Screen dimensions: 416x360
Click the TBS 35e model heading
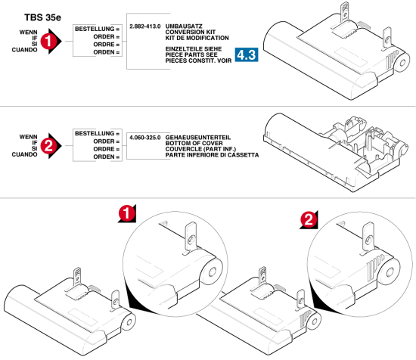tap(42, 17)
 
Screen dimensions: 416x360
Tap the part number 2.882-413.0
tap(145, 26)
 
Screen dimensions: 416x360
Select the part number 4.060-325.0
tap(145, 138)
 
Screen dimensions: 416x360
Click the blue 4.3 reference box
tap(247, 54)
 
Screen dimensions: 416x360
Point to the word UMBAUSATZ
tap(184, 26)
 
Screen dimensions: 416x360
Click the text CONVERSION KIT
tap(191, 32)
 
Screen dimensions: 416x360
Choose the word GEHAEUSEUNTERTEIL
tap(198, 138)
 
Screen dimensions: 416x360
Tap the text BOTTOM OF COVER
tap(194, 143)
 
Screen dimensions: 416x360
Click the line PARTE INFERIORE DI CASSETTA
tap(212, 155)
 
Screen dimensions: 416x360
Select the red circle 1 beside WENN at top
tap(48, 41)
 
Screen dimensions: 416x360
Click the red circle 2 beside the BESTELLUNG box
tap(48, 146)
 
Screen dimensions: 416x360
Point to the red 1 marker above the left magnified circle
tap(126, 213)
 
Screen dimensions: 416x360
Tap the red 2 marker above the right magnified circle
tap(309, 219)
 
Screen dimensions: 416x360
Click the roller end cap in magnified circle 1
tap(212, 272)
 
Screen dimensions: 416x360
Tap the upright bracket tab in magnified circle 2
tap(368, 237)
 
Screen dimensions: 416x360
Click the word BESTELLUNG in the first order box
tap(95, 29)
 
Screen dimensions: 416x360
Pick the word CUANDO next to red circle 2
tap(24, 154)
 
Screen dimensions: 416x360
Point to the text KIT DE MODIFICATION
tap(197, 38)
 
